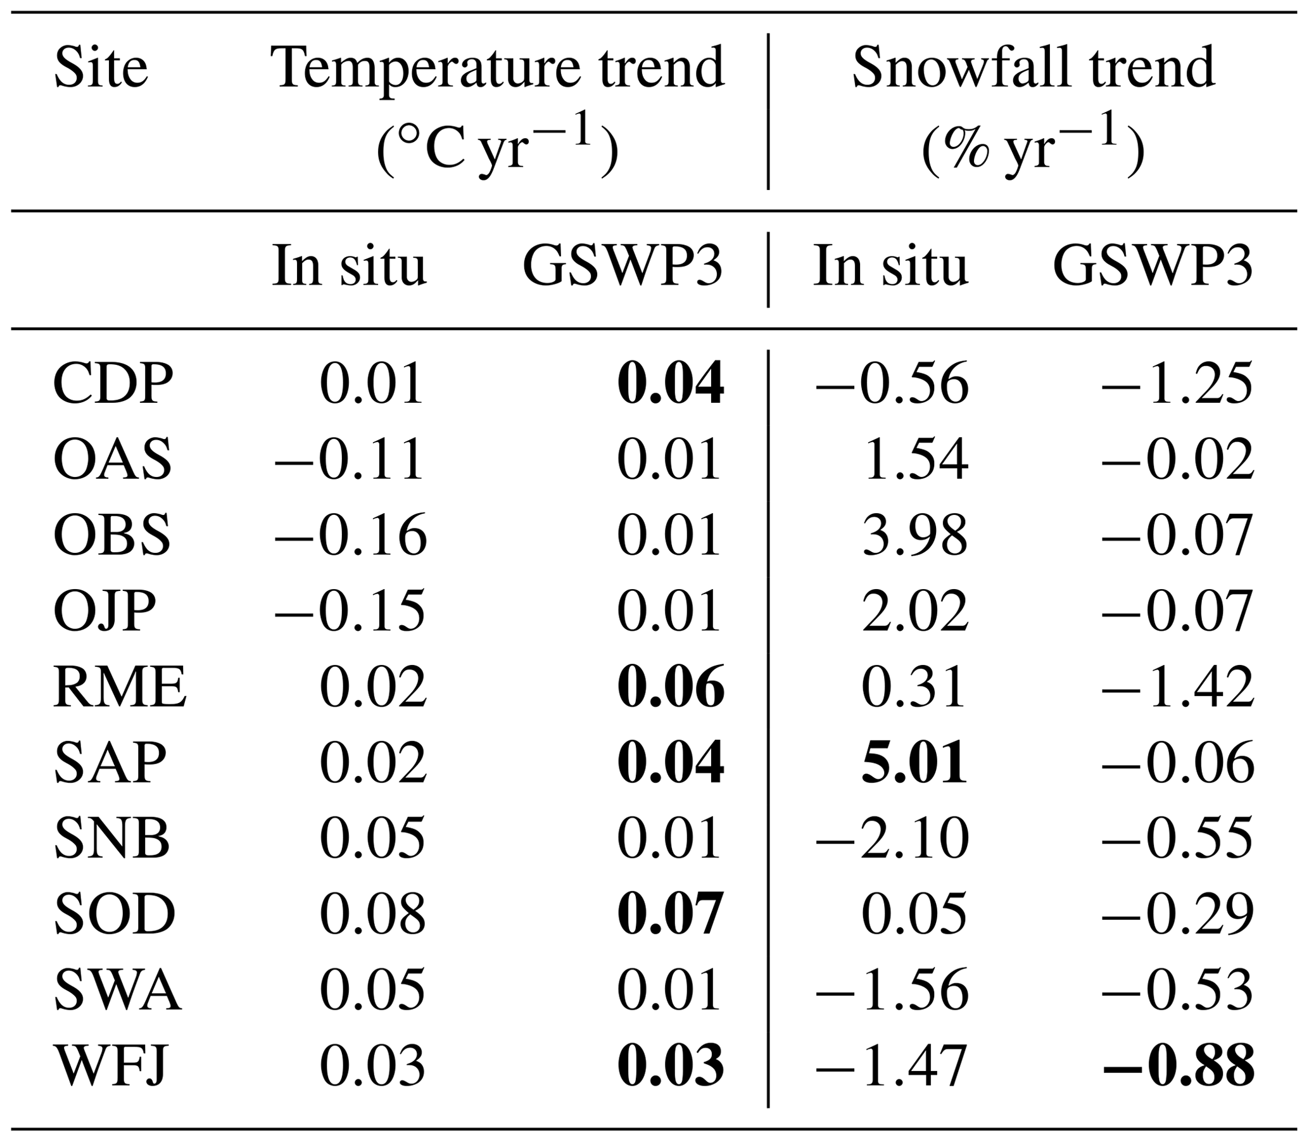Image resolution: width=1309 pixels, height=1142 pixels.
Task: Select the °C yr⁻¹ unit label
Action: (x=497, y=148)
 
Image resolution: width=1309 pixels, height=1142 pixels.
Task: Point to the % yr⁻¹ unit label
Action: (x=1033, y=148)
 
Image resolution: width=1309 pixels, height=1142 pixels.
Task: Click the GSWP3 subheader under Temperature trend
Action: (x=623, y=266)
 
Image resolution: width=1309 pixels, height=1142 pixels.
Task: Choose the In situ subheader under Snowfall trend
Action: (x=890, y=266)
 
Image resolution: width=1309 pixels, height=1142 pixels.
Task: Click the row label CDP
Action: (x=113, y=384)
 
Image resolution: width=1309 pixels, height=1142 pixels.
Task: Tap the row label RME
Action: (x=120, y=687)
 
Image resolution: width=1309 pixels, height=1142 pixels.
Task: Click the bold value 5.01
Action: (x=914, y=762)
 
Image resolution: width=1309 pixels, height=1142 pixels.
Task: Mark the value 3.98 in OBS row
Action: (x=914, y=535)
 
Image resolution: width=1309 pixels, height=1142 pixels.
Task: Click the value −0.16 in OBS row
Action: (x=350, y=535)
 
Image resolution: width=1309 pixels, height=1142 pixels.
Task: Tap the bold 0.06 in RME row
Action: (x=671, y=687)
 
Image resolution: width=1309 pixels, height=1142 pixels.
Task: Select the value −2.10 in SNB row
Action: (x=892, y=838)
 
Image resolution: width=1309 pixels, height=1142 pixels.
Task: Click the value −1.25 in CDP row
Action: (x=1177, y=384)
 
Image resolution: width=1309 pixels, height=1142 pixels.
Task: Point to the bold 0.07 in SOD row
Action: (x=671, y=914)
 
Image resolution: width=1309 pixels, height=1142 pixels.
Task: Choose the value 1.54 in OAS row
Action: (x=914, y=459)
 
